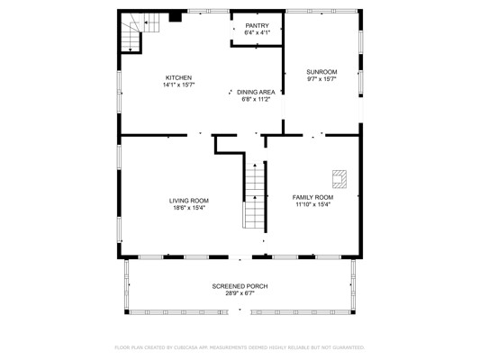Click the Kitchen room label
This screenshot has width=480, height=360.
pyautogui.click(x=178, y=78)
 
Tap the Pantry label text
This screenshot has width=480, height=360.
pyautogui.click(x=258, y=26)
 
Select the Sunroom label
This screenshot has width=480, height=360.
pyautogui.click(x=322, y=72)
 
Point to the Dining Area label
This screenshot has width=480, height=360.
pyautogui.click(x=256, y=92)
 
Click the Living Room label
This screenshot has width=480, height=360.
pyautogui.click(x=189, y=201)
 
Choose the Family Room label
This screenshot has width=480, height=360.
pyautogui.click(x=312, y=198)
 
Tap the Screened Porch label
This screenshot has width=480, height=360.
pyautogui.click(x=240, y=286)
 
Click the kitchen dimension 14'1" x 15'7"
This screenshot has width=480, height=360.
pyautogui.click(x=179, y=85)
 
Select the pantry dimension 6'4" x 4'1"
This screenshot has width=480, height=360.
pyautogui.click(x=258, y=32)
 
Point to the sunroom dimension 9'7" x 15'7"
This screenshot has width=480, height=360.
pyautogui.click(x=322, y=79)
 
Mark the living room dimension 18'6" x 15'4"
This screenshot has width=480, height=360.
pyautogui.click(x=189, y=208)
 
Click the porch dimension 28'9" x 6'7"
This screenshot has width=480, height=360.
pyautogui.click(x=240, y=293)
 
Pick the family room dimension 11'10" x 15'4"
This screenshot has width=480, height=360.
pyautogui.click(x=312, y=204)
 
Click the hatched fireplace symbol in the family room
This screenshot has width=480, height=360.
pyautogui.click(x=340, y=179)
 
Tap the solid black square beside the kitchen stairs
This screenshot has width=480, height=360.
pyautogui.click(x=176, y=17)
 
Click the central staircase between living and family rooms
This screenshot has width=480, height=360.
pyautogui.click(x=254, y=194)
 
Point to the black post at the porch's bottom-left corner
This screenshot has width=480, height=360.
pyautogui.click(x=127, y=312)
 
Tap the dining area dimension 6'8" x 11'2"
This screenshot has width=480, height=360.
pyautogui.click(x=256, y=99)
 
